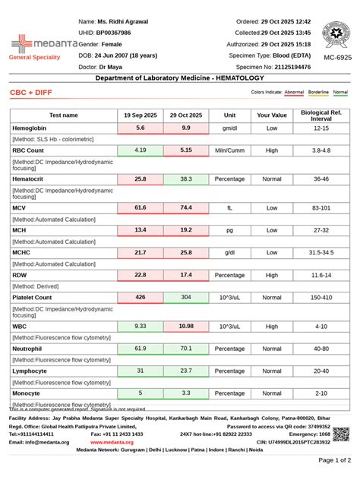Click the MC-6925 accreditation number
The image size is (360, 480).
pos(336,58)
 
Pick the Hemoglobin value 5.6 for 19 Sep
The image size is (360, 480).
pos(141,128)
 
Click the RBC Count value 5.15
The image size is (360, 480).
pos(186,150)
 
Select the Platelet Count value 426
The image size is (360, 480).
pos(141,298)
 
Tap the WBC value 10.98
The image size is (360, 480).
pos(186,326)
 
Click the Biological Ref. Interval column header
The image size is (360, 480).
pos(321,115)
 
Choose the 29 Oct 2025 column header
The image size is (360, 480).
pos(186,115)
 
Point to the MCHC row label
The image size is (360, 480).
pos(22,251)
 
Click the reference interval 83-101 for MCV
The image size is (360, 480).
pos(321,207)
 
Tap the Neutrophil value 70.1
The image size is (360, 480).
pos(186,348)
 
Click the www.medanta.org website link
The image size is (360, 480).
pos(112,441)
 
